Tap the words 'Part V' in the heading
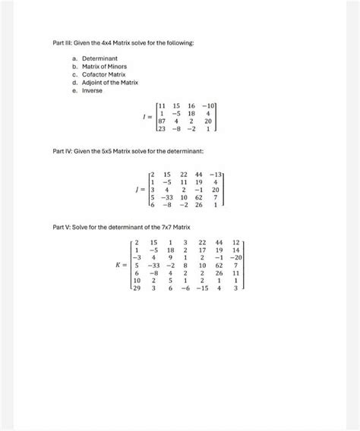61,228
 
